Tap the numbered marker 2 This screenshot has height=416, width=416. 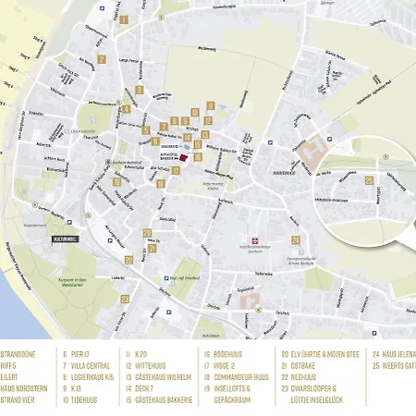click(100, 61)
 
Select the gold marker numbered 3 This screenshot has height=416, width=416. click(140, 90)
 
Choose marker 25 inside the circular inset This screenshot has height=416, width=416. click(369, 181)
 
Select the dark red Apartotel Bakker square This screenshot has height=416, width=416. click(182, 158)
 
